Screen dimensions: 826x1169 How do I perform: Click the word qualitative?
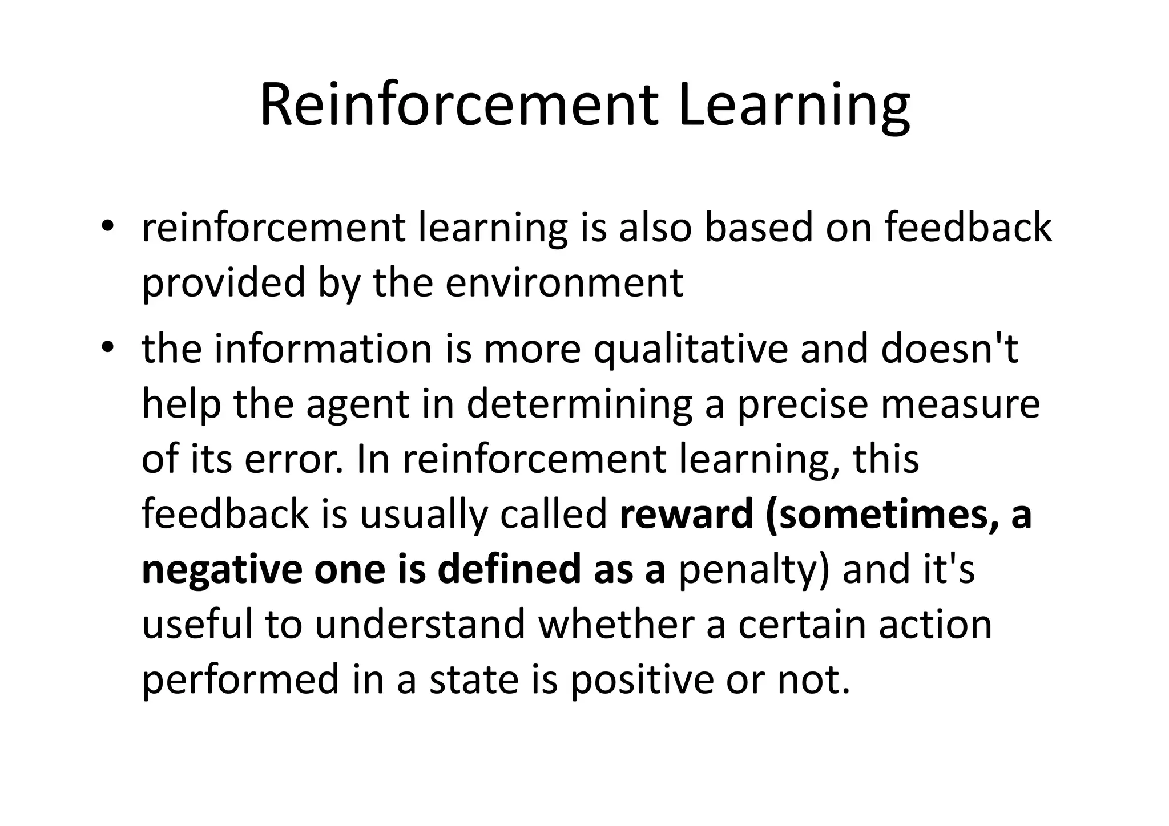(x=691, y=349)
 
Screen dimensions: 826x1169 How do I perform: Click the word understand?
(x=420, y=624)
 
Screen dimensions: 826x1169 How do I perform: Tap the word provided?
(x=223, y=283)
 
